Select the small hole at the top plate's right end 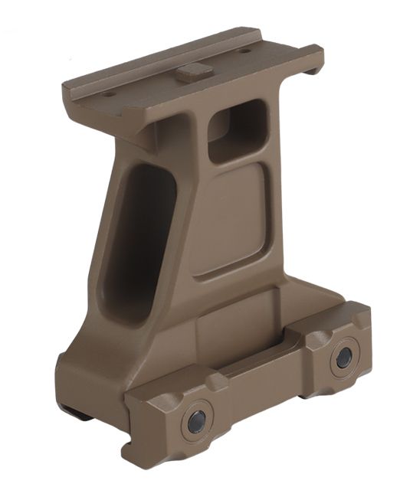coord(245,51)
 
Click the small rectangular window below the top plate coord(237,131)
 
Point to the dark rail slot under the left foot coord(75,414)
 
